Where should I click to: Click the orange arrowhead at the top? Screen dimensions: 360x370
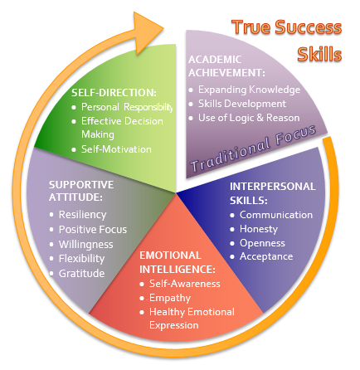tap(146, 31)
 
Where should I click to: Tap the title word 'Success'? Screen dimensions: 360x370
tap(309, 27)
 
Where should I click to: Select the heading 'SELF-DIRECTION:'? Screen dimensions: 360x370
tap(114, 93)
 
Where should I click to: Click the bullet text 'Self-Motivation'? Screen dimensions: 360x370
tap(116, 149)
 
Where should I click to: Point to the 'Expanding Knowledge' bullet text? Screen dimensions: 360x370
tap(249, 90)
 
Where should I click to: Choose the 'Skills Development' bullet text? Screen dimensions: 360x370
tap(242, 104)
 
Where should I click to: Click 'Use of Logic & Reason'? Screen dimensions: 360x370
tap(249, 118)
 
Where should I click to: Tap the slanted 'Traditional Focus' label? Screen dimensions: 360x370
tap(253, 148)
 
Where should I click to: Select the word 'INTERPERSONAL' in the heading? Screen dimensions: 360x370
tap(273, 187)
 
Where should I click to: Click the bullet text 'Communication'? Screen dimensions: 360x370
tap(276, 215)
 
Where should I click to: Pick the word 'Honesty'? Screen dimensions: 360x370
tap(259, 229)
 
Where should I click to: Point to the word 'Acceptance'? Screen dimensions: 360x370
tap(266, 256)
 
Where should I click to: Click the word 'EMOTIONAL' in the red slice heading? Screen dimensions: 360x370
tap(170, 256)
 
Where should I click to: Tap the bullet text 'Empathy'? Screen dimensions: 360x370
tap(170, 298)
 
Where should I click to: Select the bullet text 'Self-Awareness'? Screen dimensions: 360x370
tap(185, 284)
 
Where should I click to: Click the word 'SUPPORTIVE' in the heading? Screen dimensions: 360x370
tap(81, 185)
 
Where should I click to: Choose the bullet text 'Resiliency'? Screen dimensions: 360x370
tap(82, 215)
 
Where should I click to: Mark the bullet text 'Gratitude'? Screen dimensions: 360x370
tap(81, 274)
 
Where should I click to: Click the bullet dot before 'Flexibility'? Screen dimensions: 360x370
tap(51, 259)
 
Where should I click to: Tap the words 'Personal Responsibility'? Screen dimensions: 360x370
tap(127, 107)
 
